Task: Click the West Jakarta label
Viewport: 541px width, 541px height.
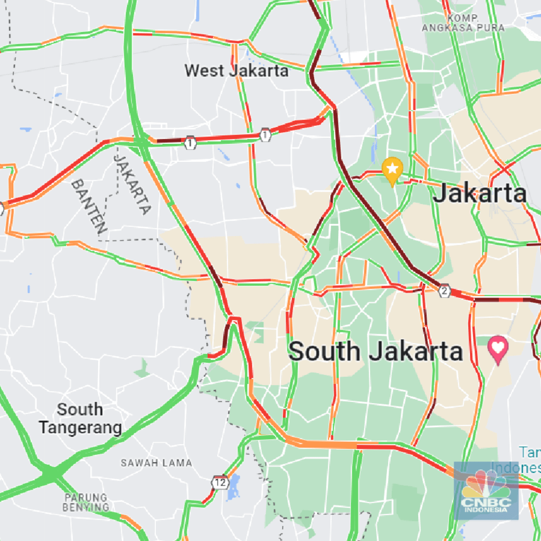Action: (236, 71)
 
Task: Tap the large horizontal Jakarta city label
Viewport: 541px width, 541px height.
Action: (479, 194)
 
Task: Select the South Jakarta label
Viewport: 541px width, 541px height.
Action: (376, 351)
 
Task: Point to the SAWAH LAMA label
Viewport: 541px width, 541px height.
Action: (156, 463)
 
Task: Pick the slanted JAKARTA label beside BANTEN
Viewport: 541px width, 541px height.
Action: (133, 184)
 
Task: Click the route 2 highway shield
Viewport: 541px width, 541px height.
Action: (444, 291)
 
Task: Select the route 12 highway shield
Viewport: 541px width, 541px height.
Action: (220, 482)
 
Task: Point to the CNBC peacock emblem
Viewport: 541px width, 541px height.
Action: (486, 485)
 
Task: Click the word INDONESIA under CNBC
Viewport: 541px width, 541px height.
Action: (486, 510)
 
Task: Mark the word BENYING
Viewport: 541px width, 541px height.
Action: (86, 507)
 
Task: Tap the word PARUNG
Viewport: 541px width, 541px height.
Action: (86, 497)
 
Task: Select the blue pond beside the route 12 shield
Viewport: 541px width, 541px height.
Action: (233, 487)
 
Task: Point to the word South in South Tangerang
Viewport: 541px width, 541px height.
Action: (80, 409)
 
